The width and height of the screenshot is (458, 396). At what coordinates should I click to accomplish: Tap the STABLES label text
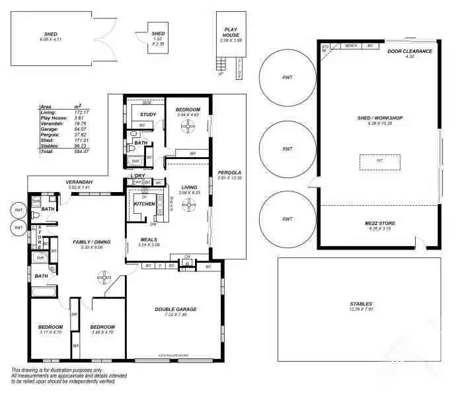361,304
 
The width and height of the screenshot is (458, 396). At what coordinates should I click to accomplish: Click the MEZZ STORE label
379,223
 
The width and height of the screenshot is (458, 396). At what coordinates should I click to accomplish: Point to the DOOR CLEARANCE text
409,51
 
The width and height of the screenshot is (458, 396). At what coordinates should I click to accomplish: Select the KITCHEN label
144,204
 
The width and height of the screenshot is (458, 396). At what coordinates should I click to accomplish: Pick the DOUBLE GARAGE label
176,309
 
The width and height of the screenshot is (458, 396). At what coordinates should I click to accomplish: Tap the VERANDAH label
78,182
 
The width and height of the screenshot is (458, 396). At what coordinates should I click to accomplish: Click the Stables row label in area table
48,145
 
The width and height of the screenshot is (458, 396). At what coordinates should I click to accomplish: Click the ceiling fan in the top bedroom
188,125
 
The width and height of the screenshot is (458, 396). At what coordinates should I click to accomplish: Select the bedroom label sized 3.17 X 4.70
50,327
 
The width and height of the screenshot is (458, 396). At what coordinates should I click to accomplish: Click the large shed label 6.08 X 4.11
51,34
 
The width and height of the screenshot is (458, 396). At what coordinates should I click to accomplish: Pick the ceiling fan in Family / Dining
103,278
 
